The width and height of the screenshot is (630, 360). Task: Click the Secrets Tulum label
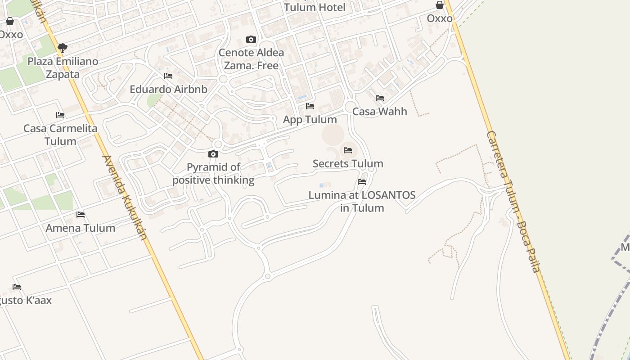[348, 163]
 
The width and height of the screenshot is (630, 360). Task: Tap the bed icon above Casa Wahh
[380, 98]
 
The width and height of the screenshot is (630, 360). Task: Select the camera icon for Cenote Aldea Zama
[251, 40]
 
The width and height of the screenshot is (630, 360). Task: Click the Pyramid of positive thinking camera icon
[213, 154]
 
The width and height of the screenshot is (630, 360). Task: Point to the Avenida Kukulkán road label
[125, 198]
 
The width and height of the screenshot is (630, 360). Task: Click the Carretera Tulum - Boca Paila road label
[513, 202]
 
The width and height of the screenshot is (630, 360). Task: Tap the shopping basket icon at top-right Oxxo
[440, 5]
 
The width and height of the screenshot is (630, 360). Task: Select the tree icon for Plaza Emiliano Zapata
[63, 48]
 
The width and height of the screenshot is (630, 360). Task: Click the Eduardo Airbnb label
[168, 89]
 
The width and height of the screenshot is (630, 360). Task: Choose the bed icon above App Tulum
[310, 106]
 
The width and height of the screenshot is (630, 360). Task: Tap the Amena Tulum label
[81, 228]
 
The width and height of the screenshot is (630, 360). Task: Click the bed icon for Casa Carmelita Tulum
[60, 115]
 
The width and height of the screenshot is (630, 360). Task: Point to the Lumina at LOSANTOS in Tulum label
[362, 202]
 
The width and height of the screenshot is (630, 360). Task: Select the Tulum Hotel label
[315, 7]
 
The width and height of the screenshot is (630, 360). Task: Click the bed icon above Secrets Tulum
[348, 150]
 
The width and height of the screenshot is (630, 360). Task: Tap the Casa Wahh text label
[379, 111]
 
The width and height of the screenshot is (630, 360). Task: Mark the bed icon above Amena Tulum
[81, 215]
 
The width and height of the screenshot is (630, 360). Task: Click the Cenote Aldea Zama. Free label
[251, 59]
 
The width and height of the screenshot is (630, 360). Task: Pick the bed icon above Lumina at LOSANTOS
[362, 182]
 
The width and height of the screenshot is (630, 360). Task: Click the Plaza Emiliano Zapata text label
[63, 67]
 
